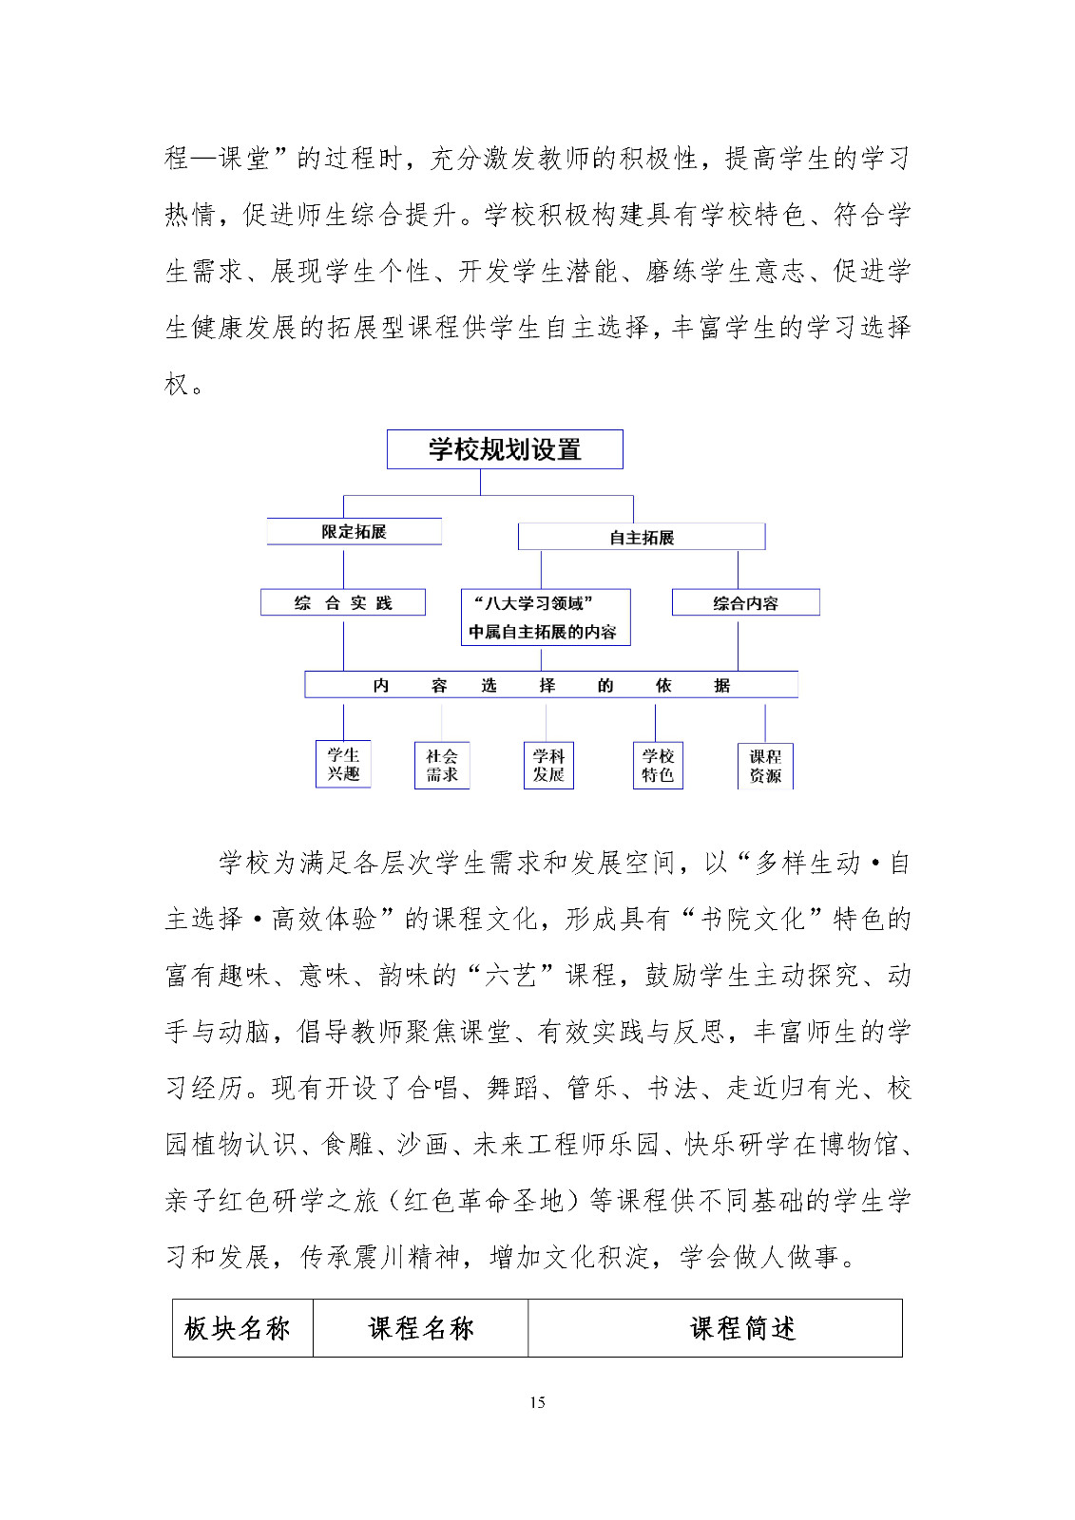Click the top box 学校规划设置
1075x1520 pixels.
point(504,449)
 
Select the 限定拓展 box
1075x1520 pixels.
point(354,532)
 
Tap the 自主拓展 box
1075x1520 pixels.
point(642,538)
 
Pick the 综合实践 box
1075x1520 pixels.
point(343,603)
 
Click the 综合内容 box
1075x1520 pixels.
point(745,603)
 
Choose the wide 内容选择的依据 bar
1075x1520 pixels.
point(551,685)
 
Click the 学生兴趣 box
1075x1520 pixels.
point(343,765)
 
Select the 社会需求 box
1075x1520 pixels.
point(442,766)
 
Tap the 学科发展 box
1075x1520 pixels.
point(548,766)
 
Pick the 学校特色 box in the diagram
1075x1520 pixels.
point(658,766)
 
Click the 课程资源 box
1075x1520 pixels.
point(765,766)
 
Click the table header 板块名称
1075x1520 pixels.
point(238,1328)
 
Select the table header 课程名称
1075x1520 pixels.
point(421,1328)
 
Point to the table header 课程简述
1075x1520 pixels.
point(743,1328)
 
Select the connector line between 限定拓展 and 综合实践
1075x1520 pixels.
point(343,567)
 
